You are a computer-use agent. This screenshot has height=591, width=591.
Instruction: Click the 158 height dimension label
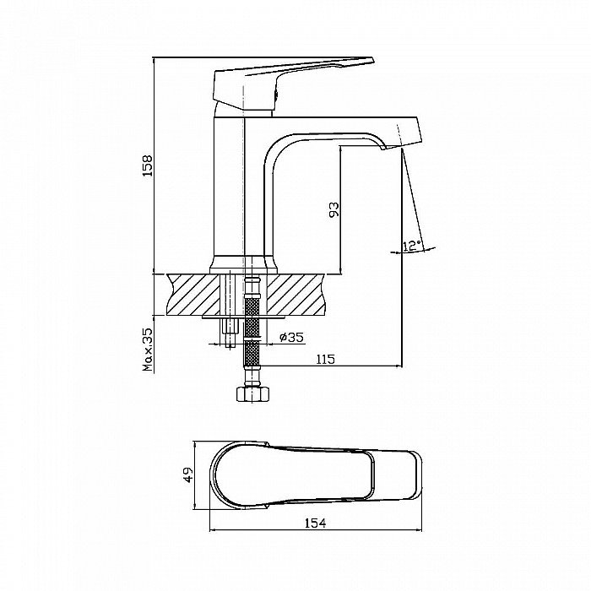(148, 165)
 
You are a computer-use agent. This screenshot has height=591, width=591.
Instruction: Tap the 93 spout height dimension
(334, 209)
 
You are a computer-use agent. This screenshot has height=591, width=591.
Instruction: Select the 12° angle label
(411, 246)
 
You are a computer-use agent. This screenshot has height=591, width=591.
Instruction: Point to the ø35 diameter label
(291, 337)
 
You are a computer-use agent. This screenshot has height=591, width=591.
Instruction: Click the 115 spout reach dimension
(325, 359)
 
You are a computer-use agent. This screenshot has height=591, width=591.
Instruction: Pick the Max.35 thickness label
(148, 350)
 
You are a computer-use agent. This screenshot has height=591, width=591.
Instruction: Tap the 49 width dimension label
(188, 474)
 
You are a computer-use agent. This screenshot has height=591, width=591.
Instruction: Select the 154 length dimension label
(315, 523)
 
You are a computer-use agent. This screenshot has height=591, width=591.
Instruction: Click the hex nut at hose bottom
(253, 393)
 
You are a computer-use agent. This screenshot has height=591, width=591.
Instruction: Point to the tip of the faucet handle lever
(372, 60)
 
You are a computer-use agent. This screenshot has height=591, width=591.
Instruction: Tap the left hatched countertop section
(193, 295)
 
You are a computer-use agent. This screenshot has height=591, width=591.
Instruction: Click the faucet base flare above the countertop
(243, 265)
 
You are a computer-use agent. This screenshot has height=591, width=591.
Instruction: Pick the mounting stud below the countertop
(230, 333)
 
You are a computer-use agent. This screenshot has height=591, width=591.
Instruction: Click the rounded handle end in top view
(219, 474)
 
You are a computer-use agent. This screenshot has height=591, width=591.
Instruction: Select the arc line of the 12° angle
(413, 252)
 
